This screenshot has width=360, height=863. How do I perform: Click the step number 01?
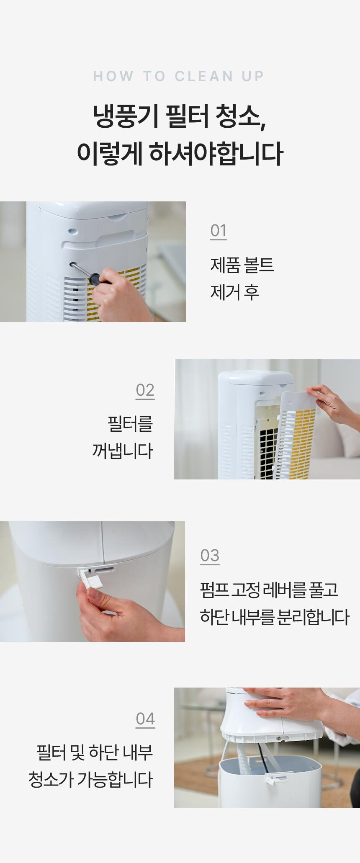[x=218, y=231]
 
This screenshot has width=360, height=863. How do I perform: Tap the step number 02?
[x=145, y=390]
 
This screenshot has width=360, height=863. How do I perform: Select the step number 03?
[x=210, y=556]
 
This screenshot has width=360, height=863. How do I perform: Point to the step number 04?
[x=145, y=719]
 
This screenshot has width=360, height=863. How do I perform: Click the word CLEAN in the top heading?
[x=204, y=76]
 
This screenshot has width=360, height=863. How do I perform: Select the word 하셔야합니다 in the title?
[x=216, y=153]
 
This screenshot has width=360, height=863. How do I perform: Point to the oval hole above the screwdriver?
[x=73, y=231]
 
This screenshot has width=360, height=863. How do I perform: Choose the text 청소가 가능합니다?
[x=91, y=779]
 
